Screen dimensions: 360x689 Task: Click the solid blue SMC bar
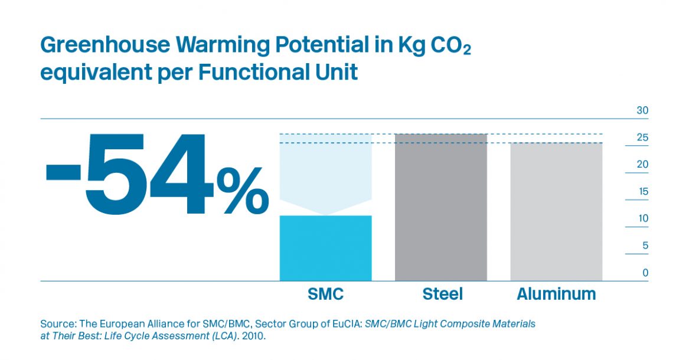(325, 248)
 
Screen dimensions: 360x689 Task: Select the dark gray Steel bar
(440, 207)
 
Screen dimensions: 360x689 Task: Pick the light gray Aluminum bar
(556, 211)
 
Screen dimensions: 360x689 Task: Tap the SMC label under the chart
(325, 294)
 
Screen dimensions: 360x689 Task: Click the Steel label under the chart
(442, 294)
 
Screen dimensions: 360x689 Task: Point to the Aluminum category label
(556, 294)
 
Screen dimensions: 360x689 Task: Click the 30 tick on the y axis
(642, 111)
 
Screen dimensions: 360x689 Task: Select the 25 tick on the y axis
(642, 138)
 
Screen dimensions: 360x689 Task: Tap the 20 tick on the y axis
(642, 165)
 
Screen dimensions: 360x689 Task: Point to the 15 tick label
(642, 192)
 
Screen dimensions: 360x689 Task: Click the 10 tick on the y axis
(642, 218)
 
